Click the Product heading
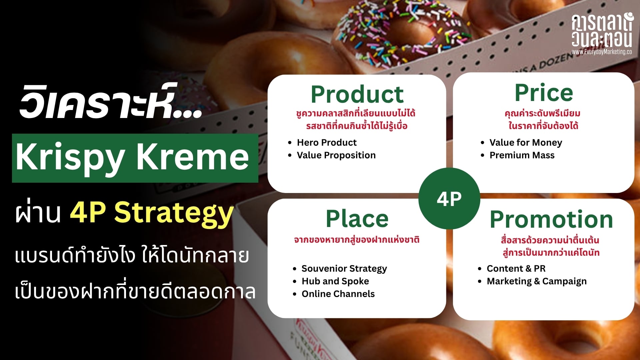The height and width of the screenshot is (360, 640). (x=357, y=94)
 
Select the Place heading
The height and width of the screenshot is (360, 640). (x=357, y=219)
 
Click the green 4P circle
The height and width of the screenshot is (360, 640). (x=449, y=199)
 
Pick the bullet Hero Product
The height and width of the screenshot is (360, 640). (x=327, y=143)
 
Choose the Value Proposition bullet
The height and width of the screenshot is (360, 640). (x=336, y=155)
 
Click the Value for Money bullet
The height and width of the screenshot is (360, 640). (x=526, y=143)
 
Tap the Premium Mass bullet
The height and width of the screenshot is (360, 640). (x=522, y=155)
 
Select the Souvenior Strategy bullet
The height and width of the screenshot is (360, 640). (x=344, y=269)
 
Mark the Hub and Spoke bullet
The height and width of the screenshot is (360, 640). (x=335, y=281)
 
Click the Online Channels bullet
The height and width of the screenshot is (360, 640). (x=338, y=294)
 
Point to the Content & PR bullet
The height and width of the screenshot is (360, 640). (x=516, y=269)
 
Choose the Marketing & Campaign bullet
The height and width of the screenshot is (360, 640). (x=537, y=281)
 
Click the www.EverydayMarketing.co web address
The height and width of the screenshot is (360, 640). (x=602, y=52)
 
